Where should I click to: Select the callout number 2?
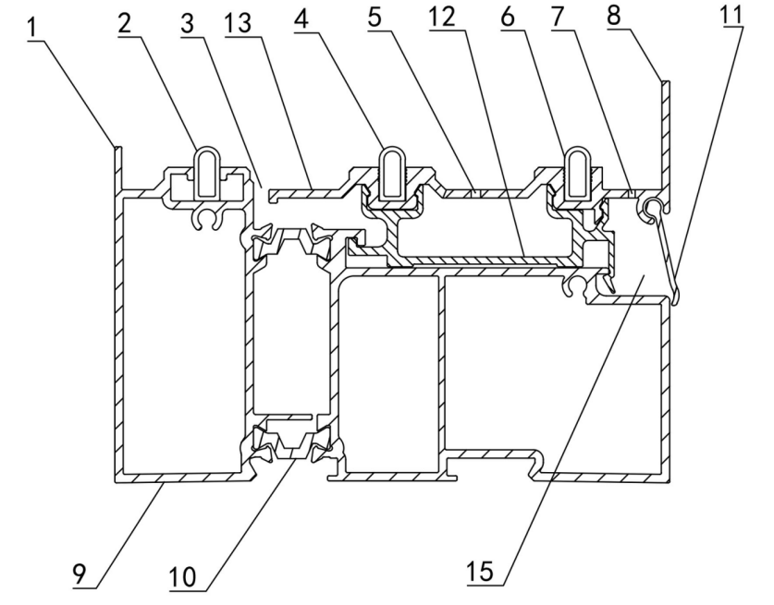tap(125, 22)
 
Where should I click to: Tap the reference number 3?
tap(188, 23)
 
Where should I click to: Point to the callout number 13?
tap(238, 23)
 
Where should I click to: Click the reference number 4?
tap(301, 18)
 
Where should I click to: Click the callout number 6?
tap(507, 17)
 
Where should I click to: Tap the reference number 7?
tap(558, 17)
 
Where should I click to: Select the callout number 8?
tap(614, 16)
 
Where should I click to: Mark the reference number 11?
tap(731, 15)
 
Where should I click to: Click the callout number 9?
tap(79, 574)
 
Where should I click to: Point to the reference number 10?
tap(183, 576)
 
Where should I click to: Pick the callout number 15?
tap(480, 572)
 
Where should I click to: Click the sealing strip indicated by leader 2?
tap(207, 174)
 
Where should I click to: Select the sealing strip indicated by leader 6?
tap(578, 175)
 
